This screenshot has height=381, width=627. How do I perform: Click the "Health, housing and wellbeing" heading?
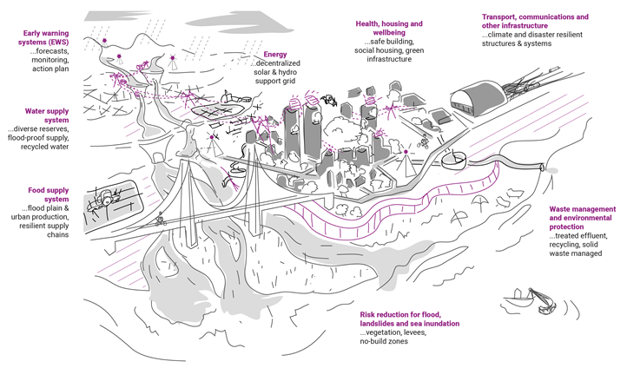click(389, 28)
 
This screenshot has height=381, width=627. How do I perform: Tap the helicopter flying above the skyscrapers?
click(328, 101)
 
